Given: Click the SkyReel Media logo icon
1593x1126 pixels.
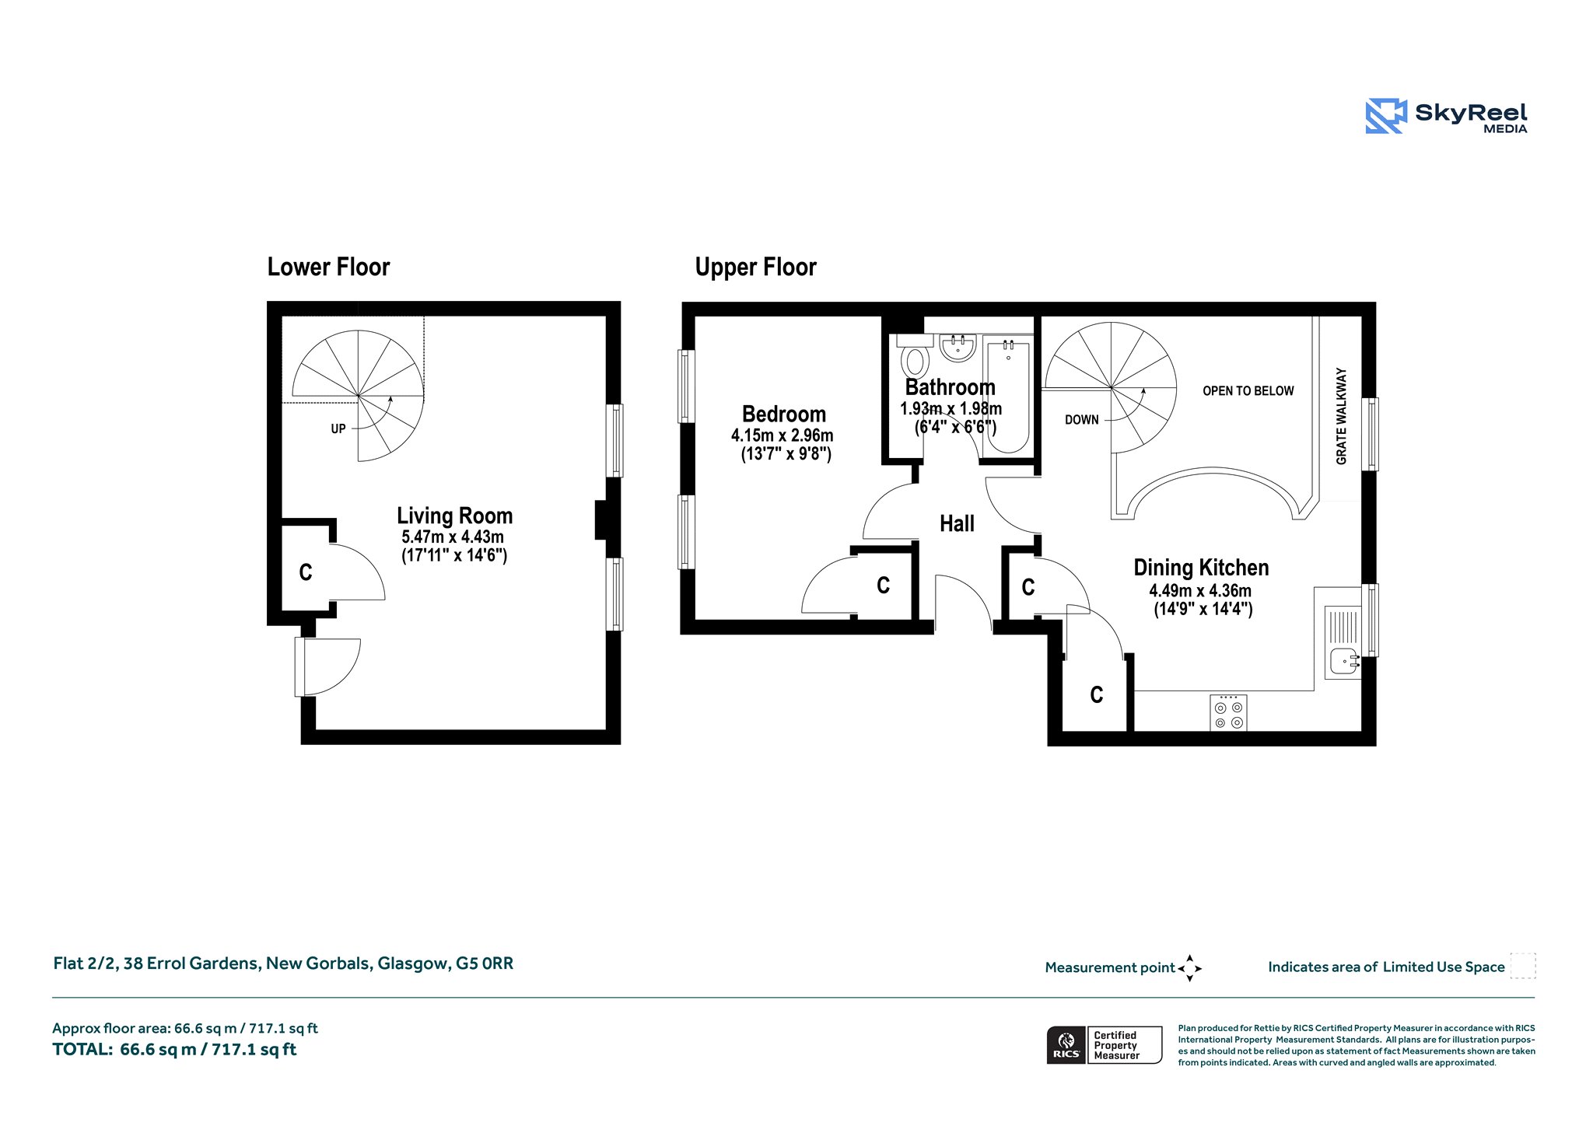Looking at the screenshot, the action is pyautogui.click(x=1385, y=116).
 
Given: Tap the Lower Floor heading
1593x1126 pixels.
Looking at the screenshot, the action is pyautogui.click(x=328, y=267).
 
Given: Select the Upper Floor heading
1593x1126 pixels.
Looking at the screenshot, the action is pyautogui.click(x=755, y=267).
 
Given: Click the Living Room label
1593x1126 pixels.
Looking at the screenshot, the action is pyautogui.click(x=454, y=516).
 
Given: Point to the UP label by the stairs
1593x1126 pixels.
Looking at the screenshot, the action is pyautogui.click(x=338, y=428).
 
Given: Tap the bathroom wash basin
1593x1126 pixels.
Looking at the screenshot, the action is pyautogui.click(x=958, y=348).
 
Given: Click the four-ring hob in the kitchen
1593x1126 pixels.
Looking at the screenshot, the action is pyautogui.click(x=1228, y=712).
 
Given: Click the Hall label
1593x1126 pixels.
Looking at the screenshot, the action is pyautogui.click(x=957, y=524).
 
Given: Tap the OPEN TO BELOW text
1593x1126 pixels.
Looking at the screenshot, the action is pyautogui.click(x=1248, y=391).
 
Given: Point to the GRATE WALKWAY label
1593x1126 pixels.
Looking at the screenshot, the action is pyautogui.click(x=1341, y=417).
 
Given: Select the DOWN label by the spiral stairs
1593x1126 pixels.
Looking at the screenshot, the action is pyautogui.click(x=1082, y=420).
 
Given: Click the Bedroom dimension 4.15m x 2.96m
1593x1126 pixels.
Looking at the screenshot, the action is pyautogui.click(x=782, y=435).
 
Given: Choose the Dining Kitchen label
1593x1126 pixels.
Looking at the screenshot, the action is pyautogui.click(x=1201, y=568).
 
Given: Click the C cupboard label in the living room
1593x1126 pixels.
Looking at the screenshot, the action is pyautogui.click(x=306, y=573).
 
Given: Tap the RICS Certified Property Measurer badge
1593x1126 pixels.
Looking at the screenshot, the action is pyautogui.click(x=1105, y=1045).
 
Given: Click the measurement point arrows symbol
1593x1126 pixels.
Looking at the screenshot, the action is pyautogui.click(x=1189, y=968).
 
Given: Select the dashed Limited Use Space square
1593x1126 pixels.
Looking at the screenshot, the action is pyautogui.click(x=1523, y=966).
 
